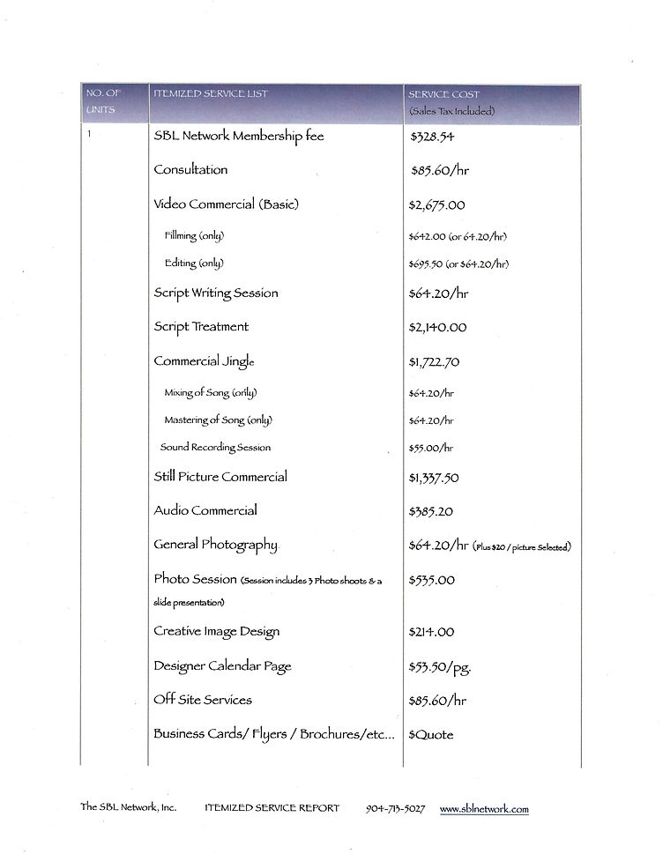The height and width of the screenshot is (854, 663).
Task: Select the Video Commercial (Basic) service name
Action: (x=227, y=204)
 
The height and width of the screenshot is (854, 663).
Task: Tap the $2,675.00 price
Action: (x=437, y=205)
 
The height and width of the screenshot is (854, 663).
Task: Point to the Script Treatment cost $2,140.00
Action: (x=438, y=328)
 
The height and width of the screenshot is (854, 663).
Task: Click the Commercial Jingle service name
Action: (x=204, y=361)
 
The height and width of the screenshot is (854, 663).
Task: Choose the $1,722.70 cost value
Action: (x=434, y=362)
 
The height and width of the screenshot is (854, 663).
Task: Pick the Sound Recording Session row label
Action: (x=215, y=448)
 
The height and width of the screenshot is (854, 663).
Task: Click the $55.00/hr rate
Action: (x=431, y=448)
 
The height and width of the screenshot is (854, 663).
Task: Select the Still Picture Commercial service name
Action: (x=220, y=477)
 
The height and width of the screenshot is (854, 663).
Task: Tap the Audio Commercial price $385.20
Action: (x=432, y=511)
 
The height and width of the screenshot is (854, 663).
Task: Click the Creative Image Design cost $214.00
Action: (x=432, y=632)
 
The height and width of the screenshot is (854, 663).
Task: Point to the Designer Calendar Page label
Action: (x=222, y=666)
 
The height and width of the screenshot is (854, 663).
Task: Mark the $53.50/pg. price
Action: (x=440, y=667)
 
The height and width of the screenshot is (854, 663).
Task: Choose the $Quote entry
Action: (x=431, y=734)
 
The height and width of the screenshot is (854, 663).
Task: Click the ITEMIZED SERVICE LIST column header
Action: (x=211, y=94)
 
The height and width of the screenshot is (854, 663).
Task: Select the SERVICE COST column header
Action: (x=443, y=94)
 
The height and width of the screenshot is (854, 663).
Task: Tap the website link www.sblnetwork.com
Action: (x=484, y=808)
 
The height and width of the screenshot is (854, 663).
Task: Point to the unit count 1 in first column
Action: (x=89, y=134)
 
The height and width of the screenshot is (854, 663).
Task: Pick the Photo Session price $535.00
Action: (x=432, y=580)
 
